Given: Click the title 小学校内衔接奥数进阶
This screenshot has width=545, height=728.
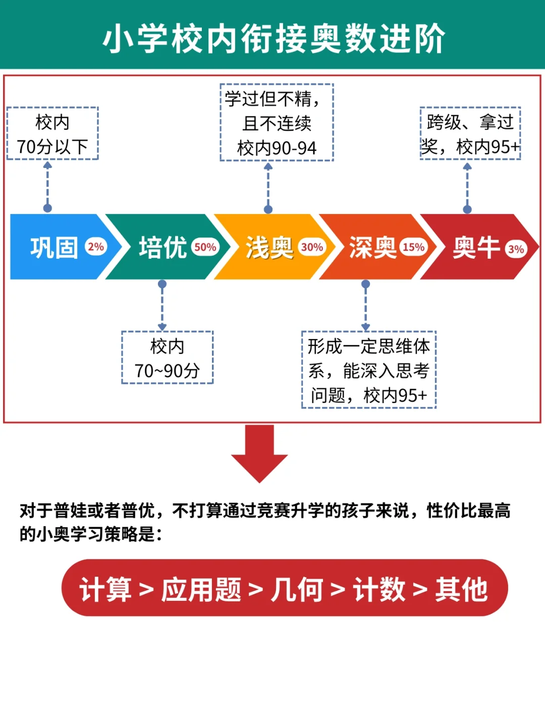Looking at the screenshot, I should tap(273, 38).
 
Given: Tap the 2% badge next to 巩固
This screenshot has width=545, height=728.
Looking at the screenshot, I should tap(95, 247).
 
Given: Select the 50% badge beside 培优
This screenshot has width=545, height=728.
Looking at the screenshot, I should tap(205, 247).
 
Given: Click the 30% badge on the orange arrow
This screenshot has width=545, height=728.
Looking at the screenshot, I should tap(312, 247).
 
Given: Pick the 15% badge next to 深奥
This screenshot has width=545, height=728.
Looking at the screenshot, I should tap(413, 247).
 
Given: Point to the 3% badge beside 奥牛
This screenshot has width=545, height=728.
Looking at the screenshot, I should tap(516, 249).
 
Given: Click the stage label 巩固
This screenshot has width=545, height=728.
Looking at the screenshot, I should tap(54, 248).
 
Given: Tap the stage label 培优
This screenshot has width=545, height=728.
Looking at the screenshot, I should tap(162, 248).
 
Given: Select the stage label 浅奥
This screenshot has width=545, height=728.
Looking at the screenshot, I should tap(269, 248).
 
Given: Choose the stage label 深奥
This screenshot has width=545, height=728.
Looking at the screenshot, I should tap(373, 248).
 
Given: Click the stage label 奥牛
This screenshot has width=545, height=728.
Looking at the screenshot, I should tap(476, 248).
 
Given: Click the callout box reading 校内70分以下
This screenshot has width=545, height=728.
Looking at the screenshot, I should tap(52, 134).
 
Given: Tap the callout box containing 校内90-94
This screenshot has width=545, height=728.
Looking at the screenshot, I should tap(277, 123).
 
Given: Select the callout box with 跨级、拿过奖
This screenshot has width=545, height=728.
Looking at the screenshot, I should tap(470, 134).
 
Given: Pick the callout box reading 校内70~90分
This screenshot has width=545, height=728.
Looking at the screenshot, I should tap(167, 358).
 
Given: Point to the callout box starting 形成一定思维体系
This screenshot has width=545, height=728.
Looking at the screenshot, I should tap(368, 370).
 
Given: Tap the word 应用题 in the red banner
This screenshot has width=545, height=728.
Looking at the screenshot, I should tap(201, 589).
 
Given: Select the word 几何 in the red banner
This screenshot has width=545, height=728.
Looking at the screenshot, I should tap(296, 589).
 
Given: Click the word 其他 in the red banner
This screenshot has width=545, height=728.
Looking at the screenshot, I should tap(461, 589).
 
